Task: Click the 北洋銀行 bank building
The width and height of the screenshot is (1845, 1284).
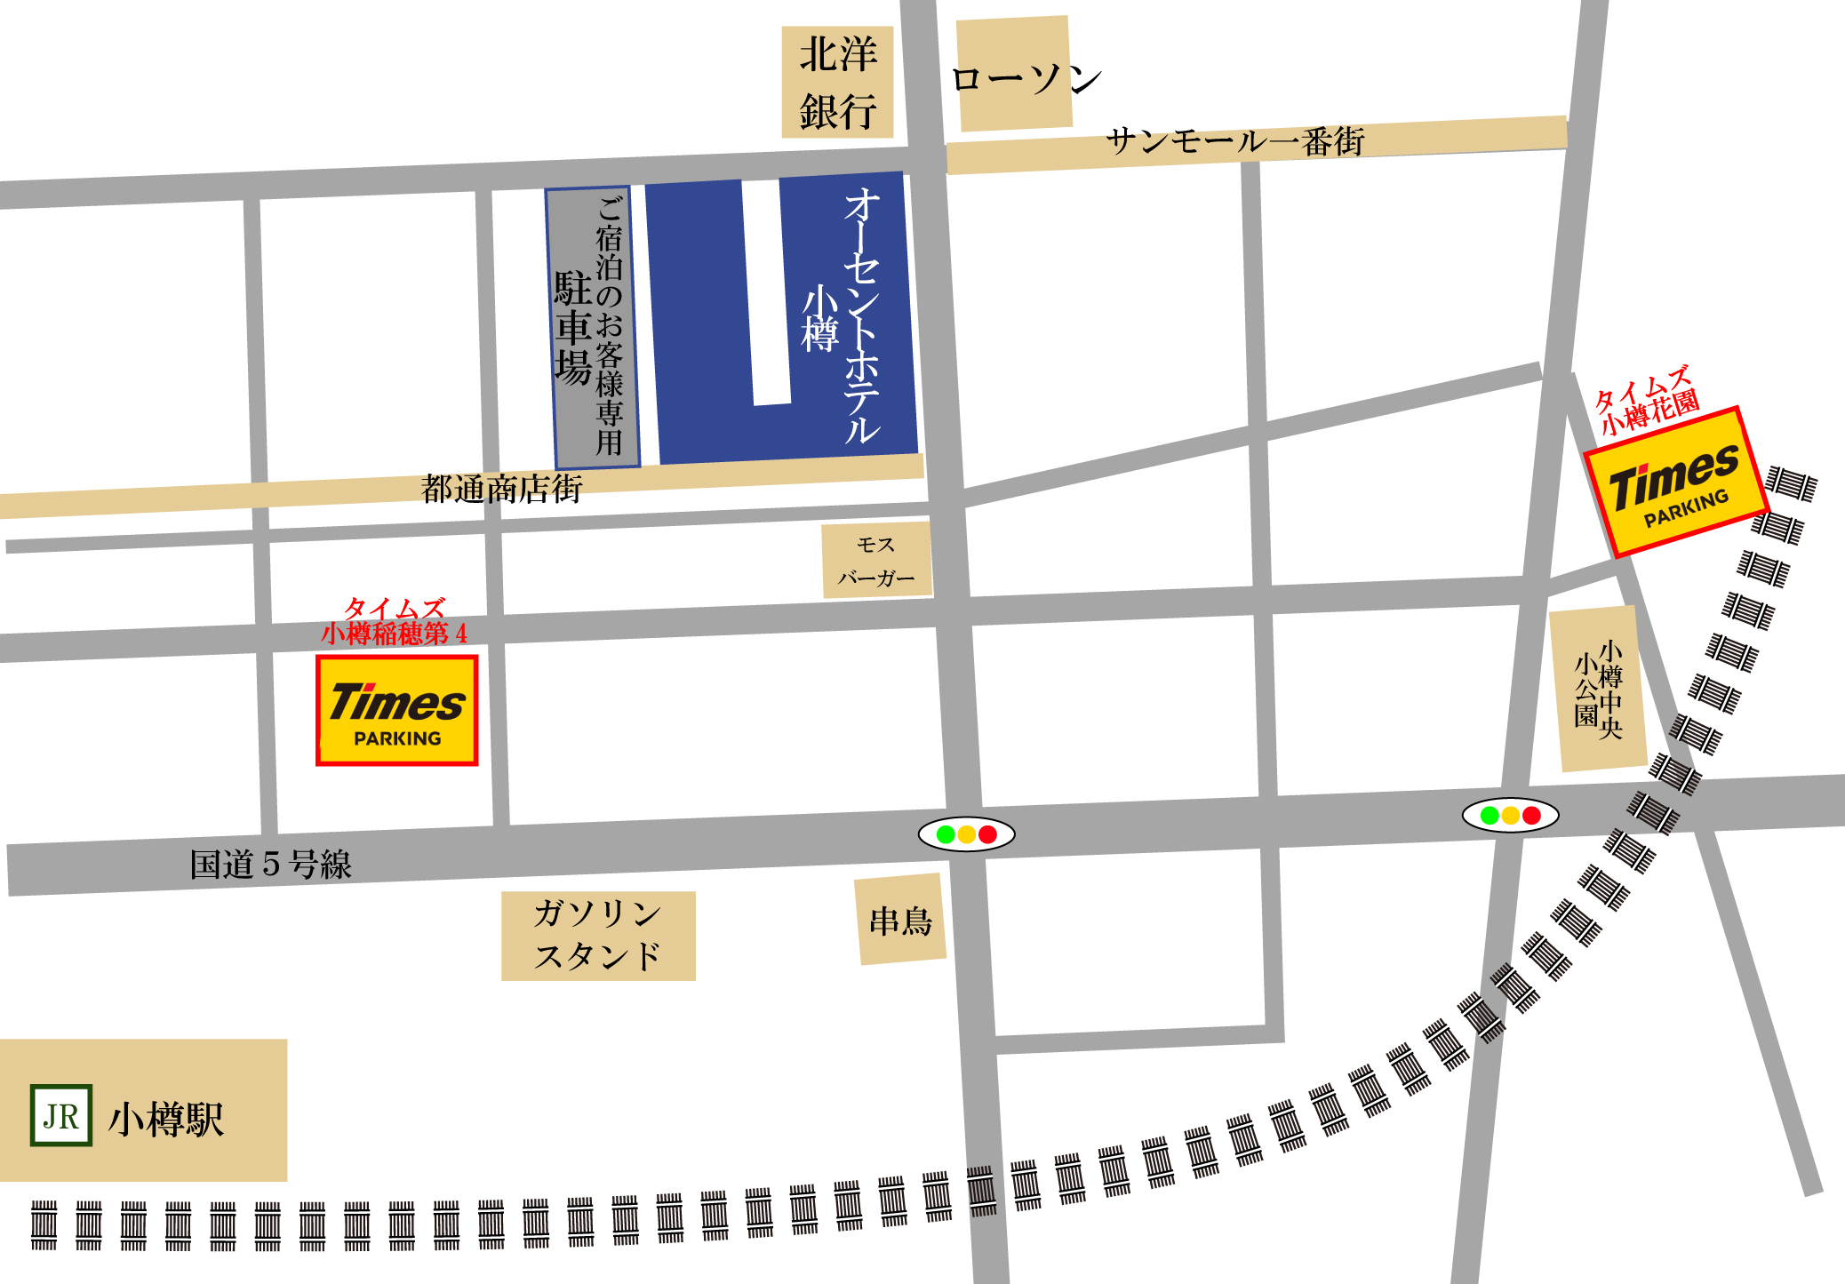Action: (x=837, y=83)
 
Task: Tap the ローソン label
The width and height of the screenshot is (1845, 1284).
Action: (x=1026, y=79)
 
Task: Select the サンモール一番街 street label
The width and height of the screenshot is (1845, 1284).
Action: (x=1234, y=141)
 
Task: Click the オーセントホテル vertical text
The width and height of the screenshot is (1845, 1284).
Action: (x=861, y=315)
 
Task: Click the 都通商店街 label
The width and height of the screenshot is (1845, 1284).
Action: (x=501, y=489)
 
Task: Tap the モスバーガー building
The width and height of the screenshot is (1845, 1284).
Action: (x=876, y=560)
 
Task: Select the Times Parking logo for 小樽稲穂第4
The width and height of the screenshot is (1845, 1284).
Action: (x=397, y=711)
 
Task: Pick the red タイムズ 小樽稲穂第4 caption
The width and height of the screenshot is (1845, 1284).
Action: (x=394, y=622)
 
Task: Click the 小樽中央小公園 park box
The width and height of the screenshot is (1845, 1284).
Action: (x=1598, y=690)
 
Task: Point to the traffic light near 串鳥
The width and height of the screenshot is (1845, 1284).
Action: (x=966, y=834)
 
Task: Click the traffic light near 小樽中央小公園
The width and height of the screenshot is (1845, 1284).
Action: (x=1510, y=815)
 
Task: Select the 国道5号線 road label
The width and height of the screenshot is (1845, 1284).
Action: (x=270, y=865)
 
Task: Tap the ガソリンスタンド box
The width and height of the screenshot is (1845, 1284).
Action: (x=598, y=936)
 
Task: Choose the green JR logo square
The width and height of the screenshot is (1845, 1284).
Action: (x=61, y=1116)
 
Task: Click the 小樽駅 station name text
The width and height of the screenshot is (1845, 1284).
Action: (x=166, y=1120)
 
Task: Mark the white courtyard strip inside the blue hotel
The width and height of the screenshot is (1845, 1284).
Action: (x=766, y=293)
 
